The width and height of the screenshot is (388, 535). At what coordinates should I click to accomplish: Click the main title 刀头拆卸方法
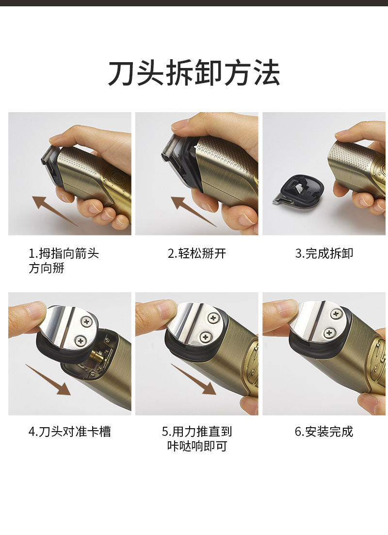(194, 73)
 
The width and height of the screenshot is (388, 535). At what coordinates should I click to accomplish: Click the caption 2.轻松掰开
(197, 253)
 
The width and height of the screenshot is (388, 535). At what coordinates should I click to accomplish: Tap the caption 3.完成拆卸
(324, 253)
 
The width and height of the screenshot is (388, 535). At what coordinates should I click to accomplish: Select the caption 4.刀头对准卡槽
(69, 432)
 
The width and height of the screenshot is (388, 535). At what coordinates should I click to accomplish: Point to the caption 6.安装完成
(324, 432)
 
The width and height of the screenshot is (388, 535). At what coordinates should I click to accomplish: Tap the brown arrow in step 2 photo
(194, 211)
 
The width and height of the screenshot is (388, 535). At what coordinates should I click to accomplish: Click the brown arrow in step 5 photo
(194, 379)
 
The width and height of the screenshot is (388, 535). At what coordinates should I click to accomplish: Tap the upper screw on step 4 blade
(87, 321)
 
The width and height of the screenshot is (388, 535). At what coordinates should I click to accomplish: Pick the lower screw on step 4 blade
(81, 340)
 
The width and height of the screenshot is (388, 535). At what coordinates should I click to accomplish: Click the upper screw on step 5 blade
(213, 318)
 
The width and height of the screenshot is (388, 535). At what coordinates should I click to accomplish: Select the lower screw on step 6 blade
(329, 333)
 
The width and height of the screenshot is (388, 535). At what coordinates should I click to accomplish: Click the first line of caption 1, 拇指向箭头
(64, 253)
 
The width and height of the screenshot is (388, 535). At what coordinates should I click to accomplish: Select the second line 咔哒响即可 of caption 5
(197, 446)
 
